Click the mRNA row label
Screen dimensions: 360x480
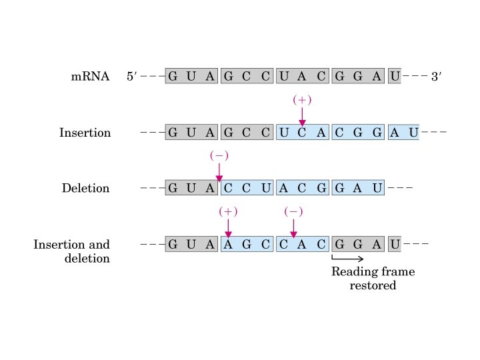click(91, 77)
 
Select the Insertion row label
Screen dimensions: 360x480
click(85, 133)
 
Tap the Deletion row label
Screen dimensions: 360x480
click(85, 188)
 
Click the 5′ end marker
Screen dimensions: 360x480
click(131, 77)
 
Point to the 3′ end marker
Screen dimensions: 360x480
click(437, 77)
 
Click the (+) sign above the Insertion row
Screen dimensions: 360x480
click(302, 100)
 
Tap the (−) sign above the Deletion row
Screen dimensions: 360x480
click(219, 155)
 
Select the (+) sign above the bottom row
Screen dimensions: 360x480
click(228, 211)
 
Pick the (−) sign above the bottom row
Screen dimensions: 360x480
click(293, 211)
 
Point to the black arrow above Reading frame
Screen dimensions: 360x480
click(347, 259)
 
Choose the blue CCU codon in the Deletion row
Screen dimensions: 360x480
click(247, 188)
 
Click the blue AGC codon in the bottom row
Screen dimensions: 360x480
click(247, 244)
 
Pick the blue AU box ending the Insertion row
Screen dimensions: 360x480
click(403, 133)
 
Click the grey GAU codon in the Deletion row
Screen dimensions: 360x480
click(359, 188)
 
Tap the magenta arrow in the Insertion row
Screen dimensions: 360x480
click(302, 117)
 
